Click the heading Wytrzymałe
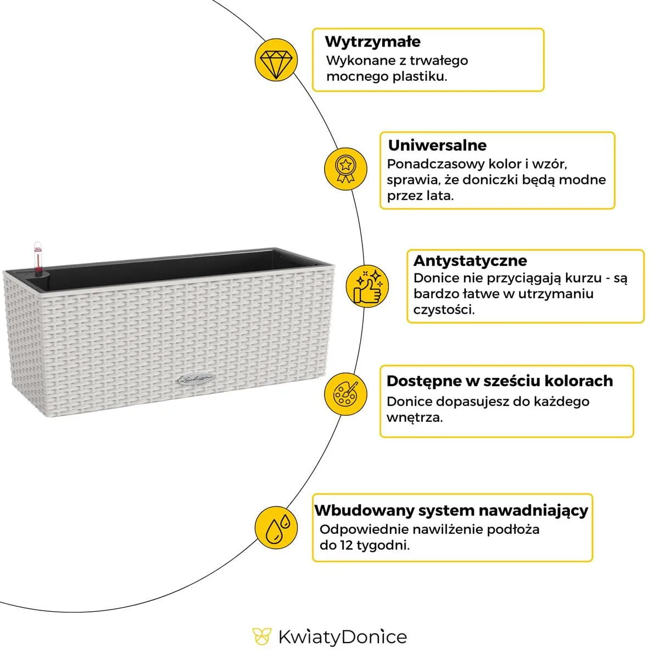(x=372, y=42)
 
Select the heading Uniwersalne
(x=437, y=146)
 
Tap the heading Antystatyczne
(x=470, y=260)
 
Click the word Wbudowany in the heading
(x=364, y=511)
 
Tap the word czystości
(x=444, y=310)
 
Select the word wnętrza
(x=414, y=417)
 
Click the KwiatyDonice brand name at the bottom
(x=342, y=637)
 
